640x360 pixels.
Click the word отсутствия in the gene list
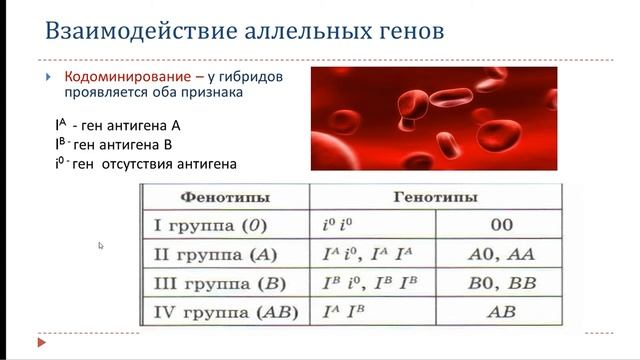pos(144,163)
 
